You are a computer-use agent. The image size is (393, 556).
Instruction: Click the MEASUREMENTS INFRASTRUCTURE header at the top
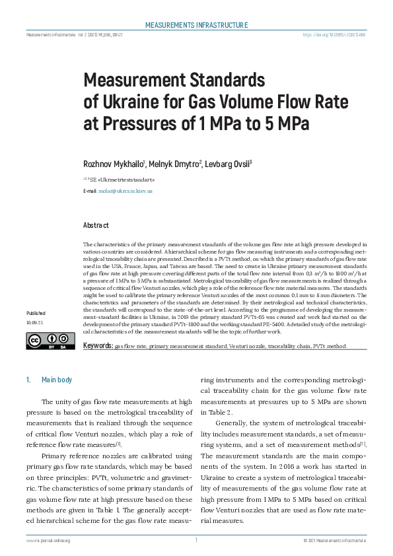pos(196,25)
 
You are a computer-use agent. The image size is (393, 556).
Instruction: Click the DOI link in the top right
pos(334,35)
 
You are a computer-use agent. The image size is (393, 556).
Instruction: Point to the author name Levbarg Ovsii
pos(227,163)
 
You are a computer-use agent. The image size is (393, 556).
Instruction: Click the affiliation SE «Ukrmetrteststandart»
pos(122,178)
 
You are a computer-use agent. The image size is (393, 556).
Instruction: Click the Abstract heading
pos(96,225)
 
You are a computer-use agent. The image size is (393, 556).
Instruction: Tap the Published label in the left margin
pos(36,312)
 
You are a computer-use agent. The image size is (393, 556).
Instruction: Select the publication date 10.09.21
pos(36,323)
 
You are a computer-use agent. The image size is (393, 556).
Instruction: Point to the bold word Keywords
pos(98,345)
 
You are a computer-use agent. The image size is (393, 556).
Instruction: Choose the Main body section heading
pos(57,380)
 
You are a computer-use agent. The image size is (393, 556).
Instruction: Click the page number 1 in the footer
pos(196,539)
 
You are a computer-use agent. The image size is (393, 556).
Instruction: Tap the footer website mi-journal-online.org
pos(48,540)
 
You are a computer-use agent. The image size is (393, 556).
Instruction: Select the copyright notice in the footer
pos(334,540)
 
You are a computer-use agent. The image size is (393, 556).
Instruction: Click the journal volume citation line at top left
pos(74,35)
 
